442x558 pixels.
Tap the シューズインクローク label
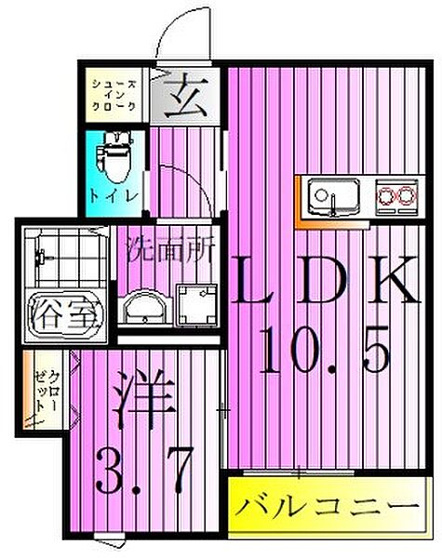[x=114, y=95]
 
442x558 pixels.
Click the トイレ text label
[x=114, y=196]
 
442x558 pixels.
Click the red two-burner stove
[x=396, y=195]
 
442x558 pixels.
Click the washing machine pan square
[x=194, y=303]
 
